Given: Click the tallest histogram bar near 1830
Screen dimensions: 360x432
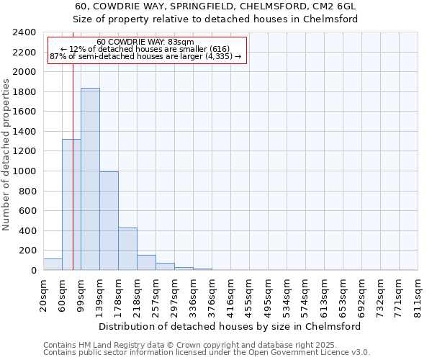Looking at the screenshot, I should (90, 179).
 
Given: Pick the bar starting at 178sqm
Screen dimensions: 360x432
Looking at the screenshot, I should (127, 249).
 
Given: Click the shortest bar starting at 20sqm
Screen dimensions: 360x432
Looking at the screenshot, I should (53, 264).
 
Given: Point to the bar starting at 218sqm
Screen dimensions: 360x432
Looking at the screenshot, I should (146, 263).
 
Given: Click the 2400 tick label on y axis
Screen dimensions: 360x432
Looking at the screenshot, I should (24, 32).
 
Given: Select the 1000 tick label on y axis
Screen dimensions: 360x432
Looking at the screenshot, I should (24, 171).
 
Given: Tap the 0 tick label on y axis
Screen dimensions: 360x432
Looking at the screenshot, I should (33, 271).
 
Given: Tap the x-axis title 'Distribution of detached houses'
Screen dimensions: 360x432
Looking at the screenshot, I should (230, 326).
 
